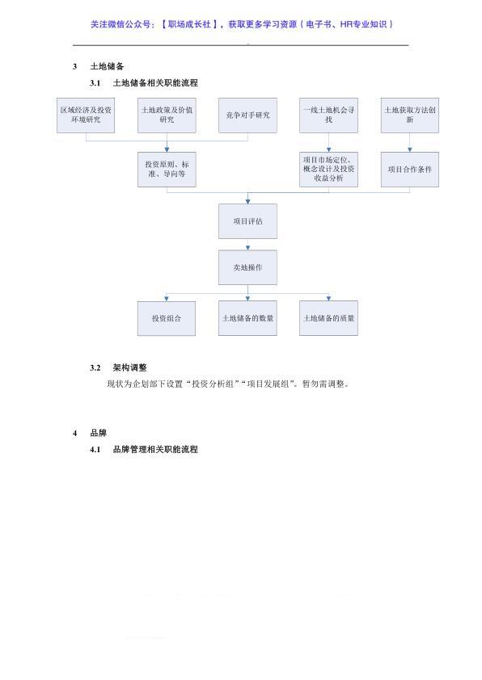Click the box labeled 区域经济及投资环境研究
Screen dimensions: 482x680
(86, 115)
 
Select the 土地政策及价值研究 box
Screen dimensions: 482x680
(167, 115)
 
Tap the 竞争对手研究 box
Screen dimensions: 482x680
(247, 115)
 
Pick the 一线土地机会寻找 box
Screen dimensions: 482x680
(328, 115)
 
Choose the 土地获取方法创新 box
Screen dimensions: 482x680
(410, 115)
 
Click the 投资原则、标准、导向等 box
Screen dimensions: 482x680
(167, 170)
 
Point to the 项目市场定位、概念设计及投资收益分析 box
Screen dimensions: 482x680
(328, 170)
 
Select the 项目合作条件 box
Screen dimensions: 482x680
(410, 170)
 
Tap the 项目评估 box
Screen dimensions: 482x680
(247, 221)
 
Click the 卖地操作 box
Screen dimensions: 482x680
(247, 267)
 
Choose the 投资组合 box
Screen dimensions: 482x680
(167, 318)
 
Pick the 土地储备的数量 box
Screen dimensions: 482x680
(247, 318)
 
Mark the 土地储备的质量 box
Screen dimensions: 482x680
(328, 318)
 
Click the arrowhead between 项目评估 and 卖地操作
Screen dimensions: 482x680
(248, 248)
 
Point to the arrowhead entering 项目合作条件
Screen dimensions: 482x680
(410, 149)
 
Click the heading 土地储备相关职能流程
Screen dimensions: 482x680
(155, 83)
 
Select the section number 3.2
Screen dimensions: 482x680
(95, 367)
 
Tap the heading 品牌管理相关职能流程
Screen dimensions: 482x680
(155, 449)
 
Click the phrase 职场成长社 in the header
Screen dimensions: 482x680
(189, 24)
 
